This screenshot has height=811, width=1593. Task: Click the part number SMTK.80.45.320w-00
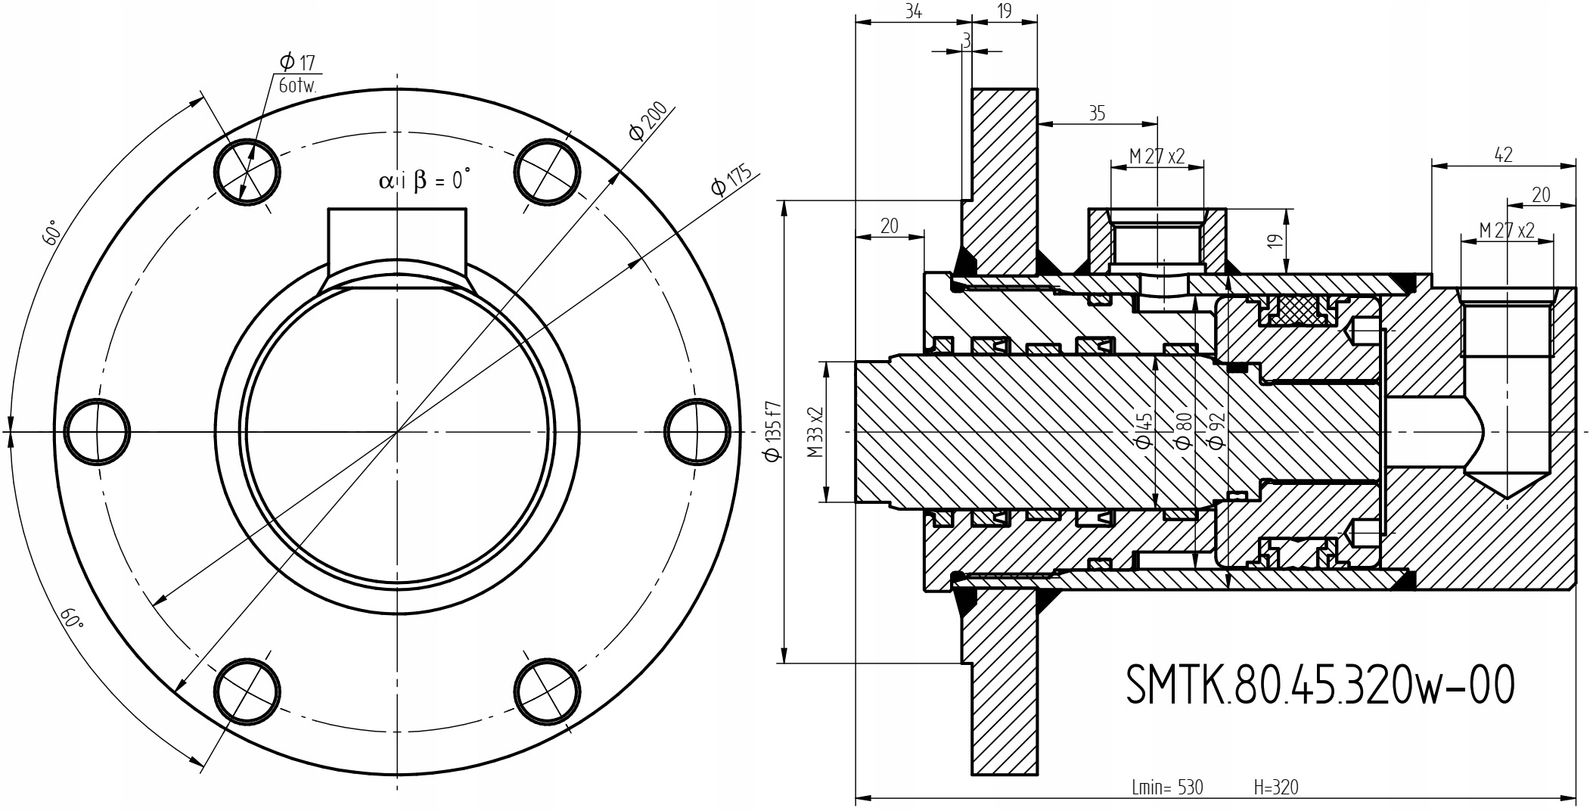click(x=1320, y=685)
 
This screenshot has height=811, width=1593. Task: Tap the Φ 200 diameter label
click(x=649, y=121)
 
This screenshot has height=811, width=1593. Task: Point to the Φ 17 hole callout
click(x=297, y=63)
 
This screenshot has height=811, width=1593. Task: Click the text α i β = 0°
click(x=424, y=180)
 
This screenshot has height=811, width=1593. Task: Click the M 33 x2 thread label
click(x=815, y=432)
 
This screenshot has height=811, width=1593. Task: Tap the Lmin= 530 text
click(x=1166, y=788)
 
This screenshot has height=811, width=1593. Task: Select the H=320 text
click(x=1275, y=788)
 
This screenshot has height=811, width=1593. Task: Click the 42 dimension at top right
click(x=1503, y=155)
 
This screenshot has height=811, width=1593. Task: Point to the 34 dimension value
click(x=913, y=11)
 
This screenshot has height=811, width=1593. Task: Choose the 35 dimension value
click(x=1097, y=113)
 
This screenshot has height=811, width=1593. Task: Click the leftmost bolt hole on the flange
click(x=98, y=431)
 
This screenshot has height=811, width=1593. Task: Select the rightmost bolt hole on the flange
click(x=697, y=431)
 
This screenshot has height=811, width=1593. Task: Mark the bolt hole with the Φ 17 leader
click(x=247, y=172)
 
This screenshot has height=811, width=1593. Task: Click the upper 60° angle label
click(x=51, y=235)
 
